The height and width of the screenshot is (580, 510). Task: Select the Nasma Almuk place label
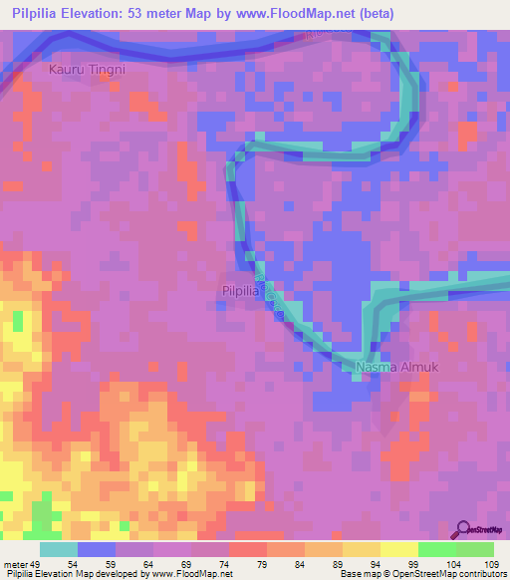click(x=388, y=368)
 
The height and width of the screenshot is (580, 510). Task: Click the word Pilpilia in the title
click(x=39, y=14)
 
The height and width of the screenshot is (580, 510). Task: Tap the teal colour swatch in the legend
click(x=59, y=549)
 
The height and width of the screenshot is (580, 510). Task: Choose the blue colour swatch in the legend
click(x=97, y=549)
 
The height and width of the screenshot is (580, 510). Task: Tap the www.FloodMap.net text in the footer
click(x=193, y=574)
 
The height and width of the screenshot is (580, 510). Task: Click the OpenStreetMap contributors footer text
click(x=458, y=574)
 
